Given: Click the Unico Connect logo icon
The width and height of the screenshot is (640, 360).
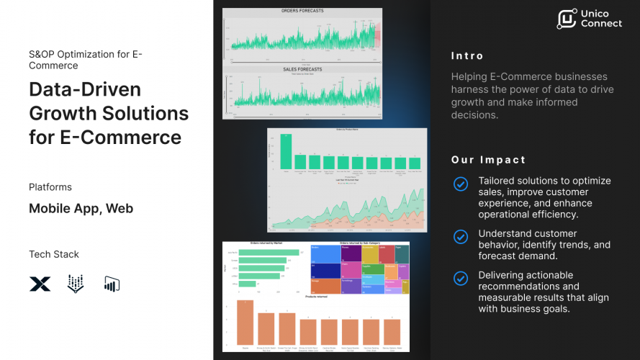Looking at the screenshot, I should coord(567,19).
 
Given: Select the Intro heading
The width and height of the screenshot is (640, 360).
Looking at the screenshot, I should coord(467,56).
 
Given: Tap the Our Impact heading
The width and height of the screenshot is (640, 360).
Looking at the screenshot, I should coord(488,160).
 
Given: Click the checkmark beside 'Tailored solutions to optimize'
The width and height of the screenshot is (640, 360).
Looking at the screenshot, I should coord(460,184).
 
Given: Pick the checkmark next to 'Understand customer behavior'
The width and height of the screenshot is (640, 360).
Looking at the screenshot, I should coord(460,237).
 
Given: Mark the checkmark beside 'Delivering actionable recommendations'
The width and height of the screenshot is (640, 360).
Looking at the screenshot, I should coord(460,279).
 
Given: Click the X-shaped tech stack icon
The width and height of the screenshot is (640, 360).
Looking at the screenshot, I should coord(40,284).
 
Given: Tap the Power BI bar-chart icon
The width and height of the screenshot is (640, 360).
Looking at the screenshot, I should coord(112,284).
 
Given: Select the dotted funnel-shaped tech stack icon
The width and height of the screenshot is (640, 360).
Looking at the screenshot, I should coord(76,284).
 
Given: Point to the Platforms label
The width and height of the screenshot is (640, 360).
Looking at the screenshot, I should coord(50,187).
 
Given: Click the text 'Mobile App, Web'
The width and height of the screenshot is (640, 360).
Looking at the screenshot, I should coord(81,209).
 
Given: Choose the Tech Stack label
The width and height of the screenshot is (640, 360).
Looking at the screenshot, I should coord(54,254).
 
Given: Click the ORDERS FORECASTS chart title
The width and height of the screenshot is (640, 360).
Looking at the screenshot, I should coord(302,12).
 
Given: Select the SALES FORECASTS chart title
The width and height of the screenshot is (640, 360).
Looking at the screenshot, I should coord(302,69).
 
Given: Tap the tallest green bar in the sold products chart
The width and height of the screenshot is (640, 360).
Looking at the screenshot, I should coord(287,153).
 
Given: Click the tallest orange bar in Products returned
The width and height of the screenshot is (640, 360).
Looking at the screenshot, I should coord(245,322).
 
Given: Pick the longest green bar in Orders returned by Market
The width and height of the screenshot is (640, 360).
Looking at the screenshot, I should coord(274,253).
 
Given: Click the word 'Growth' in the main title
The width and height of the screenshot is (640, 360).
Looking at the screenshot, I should coord(65,113).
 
